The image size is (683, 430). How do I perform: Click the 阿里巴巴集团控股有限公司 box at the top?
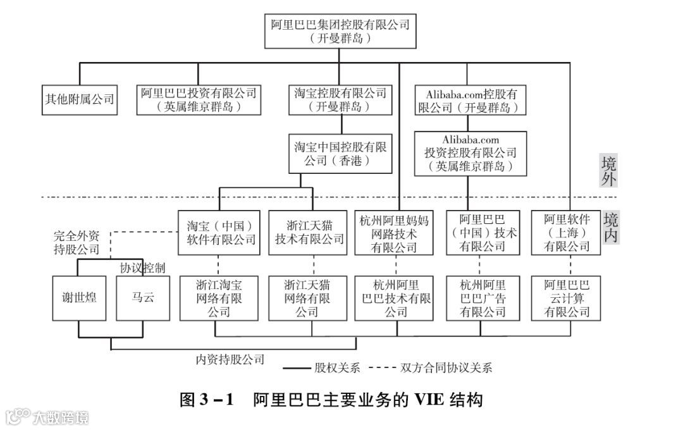click(340, 31)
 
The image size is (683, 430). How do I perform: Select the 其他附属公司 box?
click(80, 99)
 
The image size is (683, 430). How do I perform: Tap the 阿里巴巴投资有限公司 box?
click(199, 99)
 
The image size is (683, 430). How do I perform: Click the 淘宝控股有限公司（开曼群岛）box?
click(340, 99)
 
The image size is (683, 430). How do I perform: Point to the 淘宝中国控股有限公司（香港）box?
click(340, 153)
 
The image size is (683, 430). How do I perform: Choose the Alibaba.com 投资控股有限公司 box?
click(471, 153)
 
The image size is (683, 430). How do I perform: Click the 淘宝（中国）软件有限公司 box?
click(219, 232)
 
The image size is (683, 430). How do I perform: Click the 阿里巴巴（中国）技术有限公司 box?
click(483, 232)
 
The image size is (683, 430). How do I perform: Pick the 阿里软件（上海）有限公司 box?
click(567, 232)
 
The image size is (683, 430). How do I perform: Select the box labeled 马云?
click(142, 297)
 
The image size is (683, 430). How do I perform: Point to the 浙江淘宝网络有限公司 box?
click(218, 297)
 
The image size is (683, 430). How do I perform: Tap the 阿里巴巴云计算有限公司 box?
click(567, 297)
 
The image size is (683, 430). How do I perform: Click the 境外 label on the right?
click(609, 171)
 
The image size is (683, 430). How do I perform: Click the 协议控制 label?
click(142, 267)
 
